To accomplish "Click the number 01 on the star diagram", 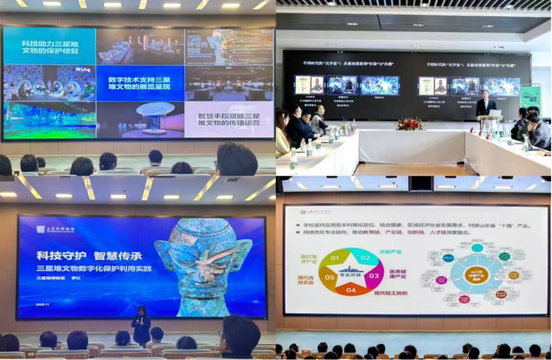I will pos(335,258).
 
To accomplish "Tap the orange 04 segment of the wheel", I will pos(351,290).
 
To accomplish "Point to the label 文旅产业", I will pos(391,252).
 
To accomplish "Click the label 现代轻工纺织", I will pos(392,293).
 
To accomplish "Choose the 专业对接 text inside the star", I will pos(351,275).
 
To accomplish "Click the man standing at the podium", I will pos(486,107).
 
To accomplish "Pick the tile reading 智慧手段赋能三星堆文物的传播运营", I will pos(228,120).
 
